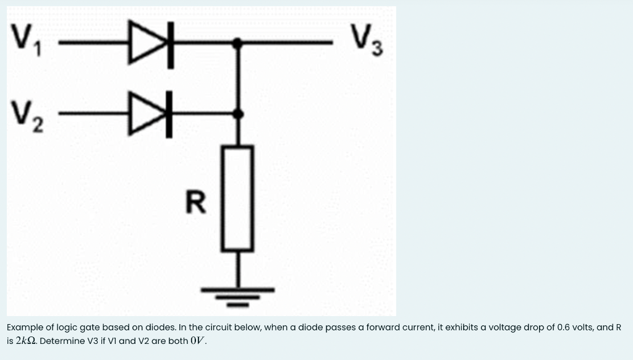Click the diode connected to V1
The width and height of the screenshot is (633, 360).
pos(149,43)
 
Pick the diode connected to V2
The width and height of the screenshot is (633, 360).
pos(149,114)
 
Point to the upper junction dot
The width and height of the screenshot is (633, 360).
pos(237,43)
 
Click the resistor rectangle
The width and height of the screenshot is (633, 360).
pos(237,198)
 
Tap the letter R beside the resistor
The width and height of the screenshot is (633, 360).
pos(196,202)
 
